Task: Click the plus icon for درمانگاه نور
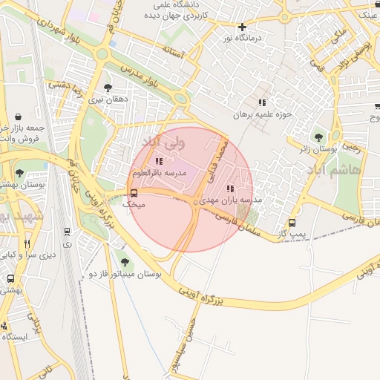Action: [x=241, y=37]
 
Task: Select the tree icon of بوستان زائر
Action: [x=319, y=137]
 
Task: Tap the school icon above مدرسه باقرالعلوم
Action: [x=157, y=161]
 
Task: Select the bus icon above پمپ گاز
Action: [x=292, y=223]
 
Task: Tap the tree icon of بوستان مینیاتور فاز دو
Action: [x=125, y=261]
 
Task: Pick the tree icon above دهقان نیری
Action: [x=108, y=87]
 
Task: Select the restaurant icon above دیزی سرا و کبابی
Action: [x=27, y=243]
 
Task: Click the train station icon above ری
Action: [x=68, y=232]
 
